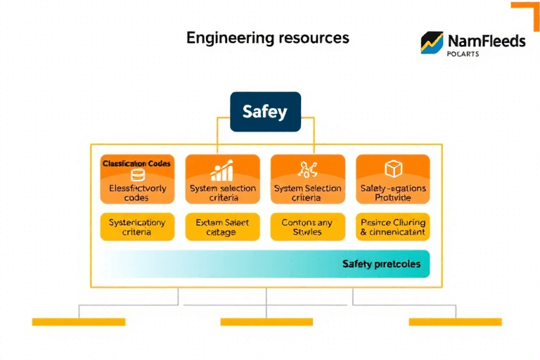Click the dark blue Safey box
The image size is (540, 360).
(x=265, y=111)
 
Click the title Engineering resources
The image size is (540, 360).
(x=267, y=37)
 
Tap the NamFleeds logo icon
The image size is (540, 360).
(x=432, y=43)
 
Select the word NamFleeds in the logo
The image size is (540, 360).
(x=485, y=41)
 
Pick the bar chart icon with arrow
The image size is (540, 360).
(x=222, y=171)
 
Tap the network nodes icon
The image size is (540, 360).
(x=307, y=169)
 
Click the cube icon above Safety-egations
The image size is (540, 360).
(x=392, y=169)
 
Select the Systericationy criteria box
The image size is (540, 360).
(x=136, y=227)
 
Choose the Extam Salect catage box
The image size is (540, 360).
(x=222, y=227)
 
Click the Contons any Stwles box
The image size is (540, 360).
(x=307, y=227)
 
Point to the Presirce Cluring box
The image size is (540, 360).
(x=392, y=227)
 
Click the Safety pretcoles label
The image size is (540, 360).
(x=381, y=264)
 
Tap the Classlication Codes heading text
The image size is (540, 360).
(x=136, y=163)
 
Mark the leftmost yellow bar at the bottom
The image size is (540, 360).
(x=78, y=322)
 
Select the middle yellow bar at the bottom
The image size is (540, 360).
(x=266, y=322)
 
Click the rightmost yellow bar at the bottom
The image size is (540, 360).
(x=455, y=322)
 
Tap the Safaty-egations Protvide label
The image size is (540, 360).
(x=392, y=193)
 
